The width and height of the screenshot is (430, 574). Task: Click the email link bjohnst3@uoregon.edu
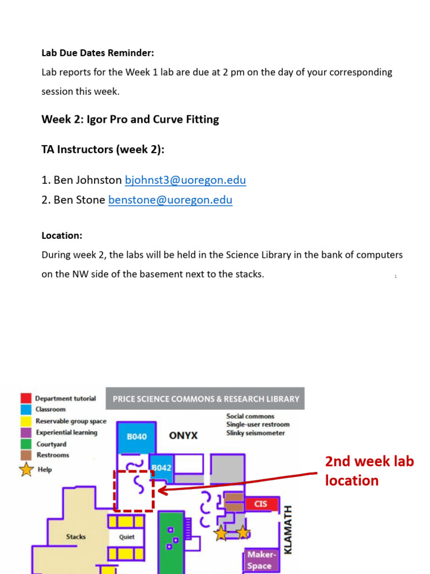(185, 180)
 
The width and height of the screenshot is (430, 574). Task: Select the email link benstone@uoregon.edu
(170, 200)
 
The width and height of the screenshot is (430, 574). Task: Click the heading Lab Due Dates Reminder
(97, 53)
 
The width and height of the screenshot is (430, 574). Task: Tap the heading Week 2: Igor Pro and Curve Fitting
(130, 119)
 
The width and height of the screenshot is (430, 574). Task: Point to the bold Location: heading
(62, 236)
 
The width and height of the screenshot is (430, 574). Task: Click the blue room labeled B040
(137, 437)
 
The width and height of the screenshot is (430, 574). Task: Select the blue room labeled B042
(161, 467)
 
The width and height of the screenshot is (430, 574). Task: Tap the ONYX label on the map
(183, 436)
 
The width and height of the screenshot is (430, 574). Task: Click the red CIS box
(261, 504)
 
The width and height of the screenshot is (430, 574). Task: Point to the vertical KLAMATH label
(288, 530)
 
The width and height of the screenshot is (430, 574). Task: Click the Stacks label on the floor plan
(76, 536)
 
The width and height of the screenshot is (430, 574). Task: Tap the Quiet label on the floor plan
(127, 536)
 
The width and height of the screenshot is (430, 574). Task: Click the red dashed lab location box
(133, 491)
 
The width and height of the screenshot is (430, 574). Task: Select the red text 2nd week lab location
(369, 471)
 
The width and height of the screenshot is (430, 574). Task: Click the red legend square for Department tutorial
(26, 399)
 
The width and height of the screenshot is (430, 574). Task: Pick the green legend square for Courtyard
(26, 444)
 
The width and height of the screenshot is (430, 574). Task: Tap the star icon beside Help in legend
(26, 470)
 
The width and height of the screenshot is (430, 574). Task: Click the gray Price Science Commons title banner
(206, 399)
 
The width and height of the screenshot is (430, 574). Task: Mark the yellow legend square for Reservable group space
(26, 421)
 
